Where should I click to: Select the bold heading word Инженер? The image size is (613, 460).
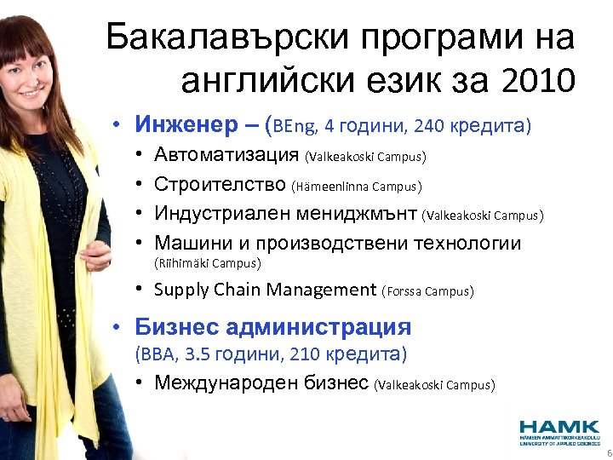tap(182, 126)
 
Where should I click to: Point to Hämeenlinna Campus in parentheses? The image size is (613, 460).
tap(357, 186)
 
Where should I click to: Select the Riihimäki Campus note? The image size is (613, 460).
tap(207, 263)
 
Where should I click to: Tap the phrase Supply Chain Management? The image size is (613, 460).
tap(265, 290)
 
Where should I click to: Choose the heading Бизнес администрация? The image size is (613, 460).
tap(272, 327)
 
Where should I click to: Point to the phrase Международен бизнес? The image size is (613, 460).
tap(261, 382)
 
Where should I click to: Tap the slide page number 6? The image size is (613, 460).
tap(607, 453)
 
